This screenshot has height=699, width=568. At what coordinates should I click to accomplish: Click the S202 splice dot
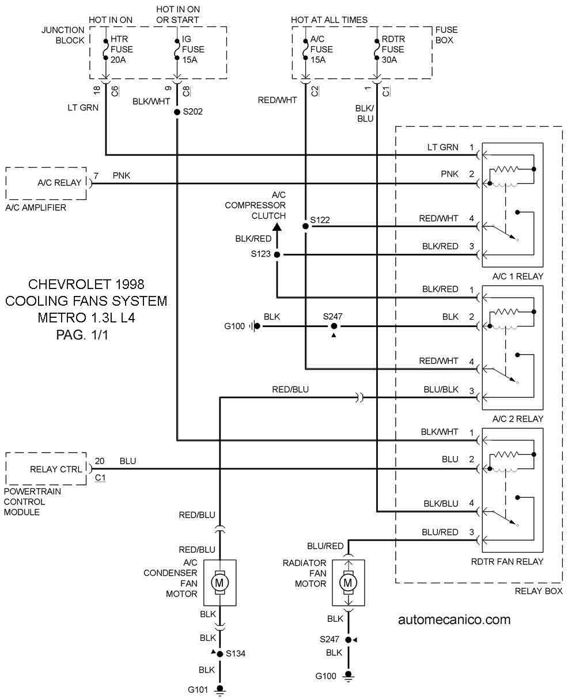point(177,112)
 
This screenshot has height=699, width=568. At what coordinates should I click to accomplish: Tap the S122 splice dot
point(305,226)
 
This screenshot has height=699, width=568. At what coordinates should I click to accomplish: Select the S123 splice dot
point(277,254)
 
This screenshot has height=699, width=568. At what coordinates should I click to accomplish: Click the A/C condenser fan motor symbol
point(219,583)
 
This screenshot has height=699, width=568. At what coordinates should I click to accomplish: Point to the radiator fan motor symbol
point(348,583)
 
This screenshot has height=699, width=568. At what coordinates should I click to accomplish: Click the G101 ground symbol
point(219,689)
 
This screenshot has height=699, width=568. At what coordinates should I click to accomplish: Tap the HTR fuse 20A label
point(122,49)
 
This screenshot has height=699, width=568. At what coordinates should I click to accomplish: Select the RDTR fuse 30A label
point(393,49)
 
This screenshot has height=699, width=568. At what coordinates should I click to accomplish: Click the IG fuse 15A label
point(193,49)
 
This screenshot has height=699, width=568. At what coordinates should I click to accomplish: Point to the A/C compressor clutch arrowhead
point(277,227)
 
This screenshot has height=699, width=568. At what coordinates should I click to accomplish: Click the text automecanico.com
point(455,620)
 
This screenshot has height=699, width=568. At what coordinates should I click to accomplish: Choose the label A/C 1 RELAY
point(518,276)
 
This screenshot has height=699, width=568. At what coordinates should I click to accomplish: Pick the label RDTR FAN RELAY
point(508,561)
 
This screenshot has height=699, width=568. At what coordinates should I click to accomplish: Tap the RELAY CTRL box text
point(56,469)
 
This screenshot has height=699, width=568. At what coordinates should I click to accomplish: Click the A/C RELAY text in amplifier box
point(59,183)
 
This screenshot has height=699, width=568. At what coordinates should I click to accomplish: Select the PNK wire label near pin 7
point(121,176)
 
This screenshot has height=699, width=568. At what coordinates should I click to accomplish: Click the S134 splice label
point(236,654)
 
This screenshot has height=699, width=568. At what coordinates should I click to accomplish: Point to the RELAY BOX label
point(539,591)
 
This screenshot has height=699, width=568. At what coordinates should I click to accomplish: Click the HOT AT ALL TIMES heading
point(330,20)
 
